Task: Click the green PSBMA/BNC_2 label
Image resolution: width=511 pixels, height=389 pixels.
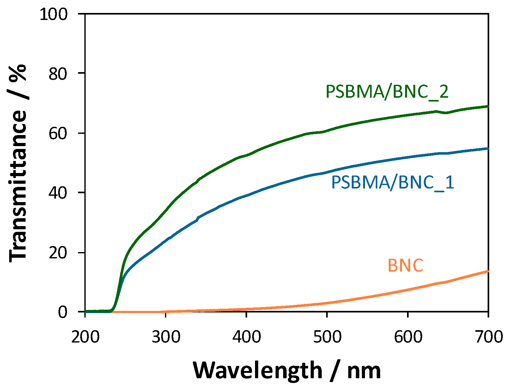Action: click(387, 92)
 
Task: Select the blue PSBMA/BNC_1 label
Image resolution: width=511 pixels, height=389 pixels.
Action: click(392, 182)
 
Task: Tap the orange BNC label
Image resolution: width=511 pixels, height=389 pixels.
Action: click(405, 265)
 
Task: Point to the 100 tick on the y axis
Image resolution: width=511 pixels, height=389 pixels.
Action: click(53, 14)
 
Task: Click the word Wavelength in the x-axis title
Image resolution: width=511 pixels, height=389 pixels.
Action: click(258, 370)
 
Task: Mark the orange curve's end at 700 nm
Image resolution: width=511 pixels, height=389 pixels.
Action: click(488, 271)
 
